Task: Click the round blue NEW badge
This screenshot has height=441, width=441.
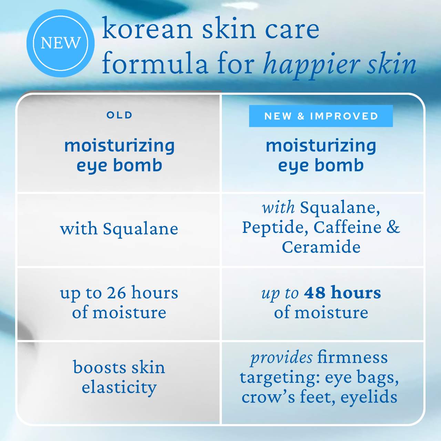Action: tap(60, 43)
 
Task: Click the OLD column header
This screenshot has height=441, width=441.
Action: tap(119, 115)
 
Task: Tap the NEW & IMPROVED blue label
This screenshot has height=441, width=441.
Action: tap(321, 116)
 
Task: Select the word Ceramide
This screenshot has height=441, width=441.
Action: tap(321, 247)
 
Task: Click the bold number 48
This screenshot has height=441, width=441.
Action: tap(314, 293)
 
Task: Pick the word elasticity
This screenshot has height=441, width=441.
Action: tap(119, 387)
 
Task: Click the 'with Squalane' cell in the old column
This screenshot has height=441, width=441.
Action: tap(119, 229)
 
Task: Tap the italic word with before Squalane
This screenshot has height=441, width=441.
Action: tap(278, 208)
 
